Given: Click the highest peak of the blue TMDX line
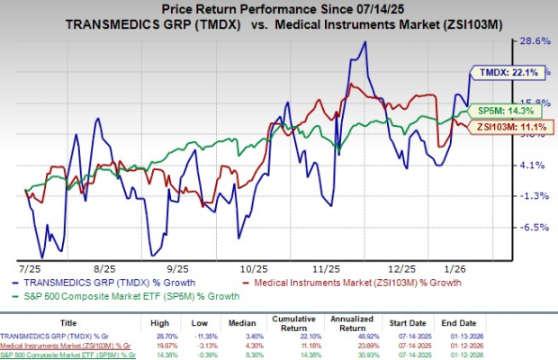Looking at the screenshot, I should (364, 41).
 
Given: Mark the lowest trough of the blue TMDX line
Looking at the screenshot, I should (41, 256).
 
